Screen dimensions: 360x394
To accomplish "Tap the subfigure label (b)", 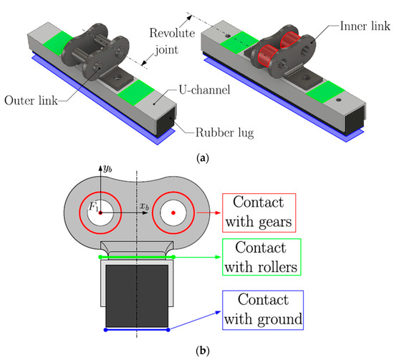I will click(196, 351).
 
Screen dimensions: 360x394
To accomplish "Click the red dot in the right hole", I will click(173, 213).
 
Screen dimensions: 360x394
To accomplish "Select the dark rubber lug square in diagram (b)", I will click(137, 295).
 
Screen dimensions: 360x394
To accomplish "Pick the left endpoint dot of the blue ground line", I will click(106, 330).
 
